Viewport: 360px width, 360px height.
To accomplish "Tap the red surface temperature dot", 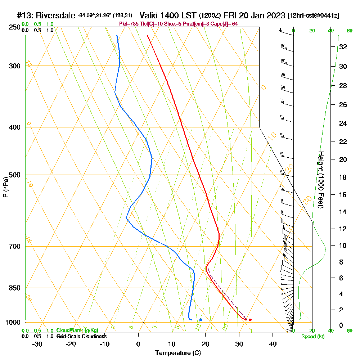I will point(250,320).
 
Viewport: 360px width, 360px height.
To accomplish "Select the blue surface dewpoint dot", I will point(201,320).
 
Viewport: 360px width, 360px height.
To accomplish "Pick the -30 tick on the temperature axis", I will point(37,344).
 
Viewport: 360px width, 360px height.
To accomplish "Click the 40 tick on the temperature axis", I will point(273,344).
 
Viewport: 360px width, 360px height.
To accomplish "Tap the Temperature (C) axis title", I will point(178,353).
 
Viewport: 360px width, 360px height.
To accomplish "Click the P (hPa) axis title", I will point(5,187).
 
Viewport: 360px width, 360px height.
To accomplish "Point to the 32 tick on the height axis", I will point(343,47).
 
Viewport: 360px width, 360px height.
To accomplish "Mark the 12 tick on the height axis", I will point(343,229).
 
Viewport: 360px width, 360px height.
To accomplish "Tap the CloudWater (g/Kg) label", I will point(77,330).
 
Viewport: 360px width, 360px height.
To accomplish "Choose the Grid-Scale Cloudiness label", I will point(81,336).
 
